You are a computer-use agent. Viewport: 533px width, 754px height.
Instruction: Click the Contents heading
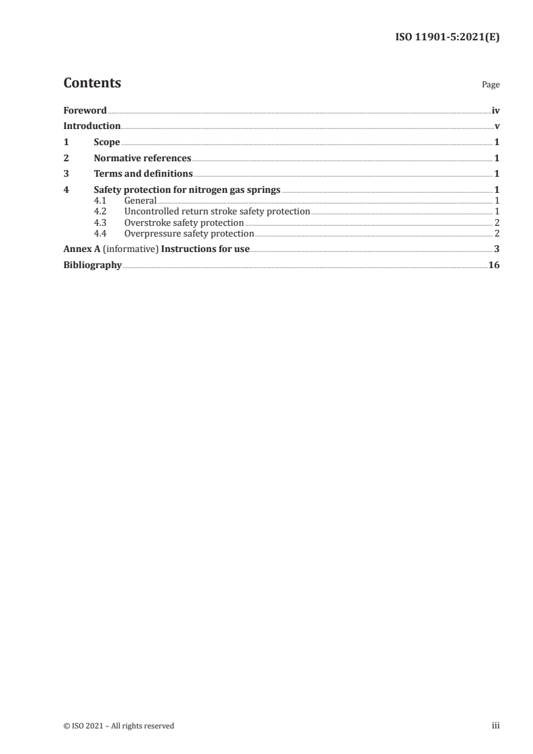point(92,83)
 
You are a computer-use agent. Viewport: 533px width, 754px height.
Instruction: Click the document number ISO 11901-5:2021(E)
point(446,38)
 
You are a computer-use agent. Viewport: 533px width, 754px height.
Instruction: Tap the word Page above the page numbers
point(491,85)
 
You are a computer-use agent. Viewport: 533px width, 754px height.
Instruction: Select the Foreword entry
point(85,110)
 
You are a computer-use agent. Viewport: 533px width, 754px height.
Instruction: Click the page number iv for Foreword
point(495,110)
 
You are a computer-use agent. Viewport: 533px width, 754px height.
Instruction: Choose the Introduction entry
point(92,126)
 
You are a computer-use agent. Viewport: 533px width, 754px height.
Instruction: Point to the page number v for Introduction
point(497,126)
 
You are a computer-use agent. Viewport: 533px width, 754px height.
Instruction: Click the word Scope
point(107,142)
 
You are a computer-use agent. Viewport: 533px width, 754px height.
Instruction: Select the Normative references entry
point(142,159)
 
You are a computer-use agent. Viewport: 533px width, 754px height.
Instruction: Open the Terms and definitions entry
point(143,175)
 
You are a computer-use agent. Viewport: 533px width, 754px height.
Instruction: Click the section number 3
point(66,175)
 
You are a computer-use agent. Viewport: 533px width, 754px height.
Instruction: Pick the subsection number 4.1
point(100,201)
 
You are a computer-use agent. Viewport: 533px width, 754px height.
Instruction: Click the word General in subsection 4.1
point(140,201)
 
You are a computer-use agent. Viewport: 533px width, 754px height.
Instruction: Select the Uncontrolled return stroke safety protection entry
point(217,212)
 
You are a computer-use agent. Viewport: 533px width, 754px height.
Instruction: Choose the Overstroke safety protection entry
point(184,222)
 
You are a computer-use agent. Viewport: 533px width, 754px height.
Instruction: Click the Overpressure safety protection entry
point(190,233)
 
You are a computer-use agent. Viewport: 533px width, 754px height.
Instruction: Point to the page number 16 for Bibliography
point(494,265)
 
